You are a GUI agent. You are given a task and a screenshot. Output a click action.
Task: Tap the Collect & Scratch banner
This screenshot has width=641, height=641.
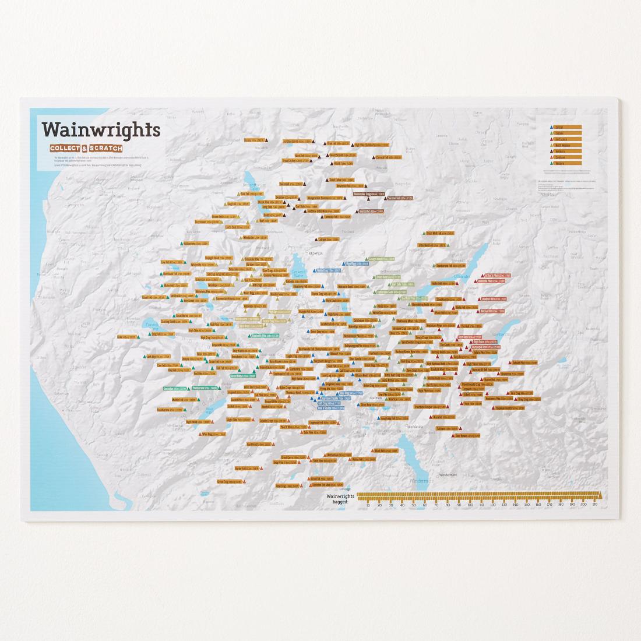(x=86, y=147)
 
